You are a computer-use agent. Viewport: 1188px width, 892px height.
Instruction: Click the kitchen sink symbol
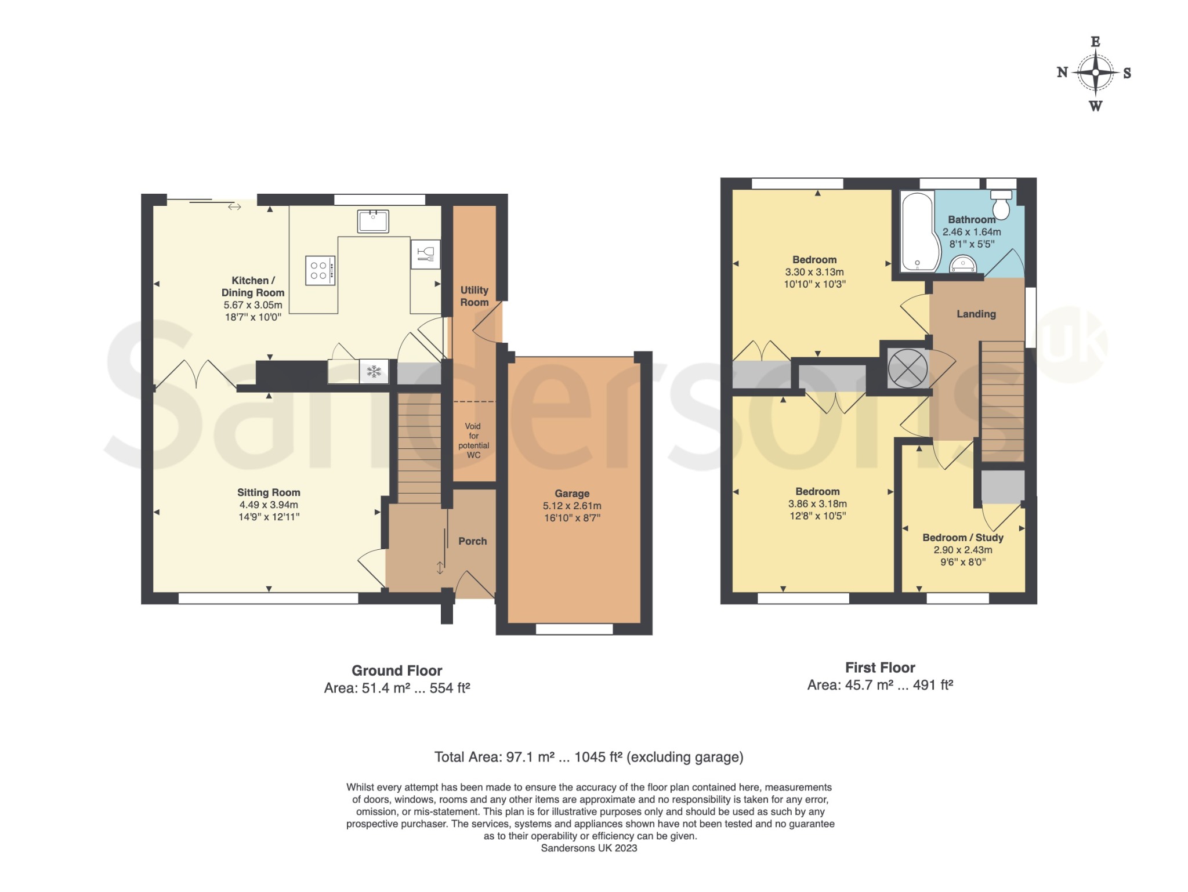(373, 221)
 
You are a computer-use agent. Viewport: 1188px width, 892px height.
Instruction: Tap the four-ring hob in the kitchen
(320, 270)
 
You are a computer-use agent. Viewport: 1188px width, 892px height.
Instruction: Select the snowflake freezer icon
(374, 371)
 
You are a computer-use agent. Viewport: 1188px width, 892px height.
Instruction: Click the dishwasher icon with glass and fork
(425, 254)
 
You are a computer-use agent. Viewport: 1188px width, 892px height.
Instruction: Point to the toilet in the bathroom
(1001, 204)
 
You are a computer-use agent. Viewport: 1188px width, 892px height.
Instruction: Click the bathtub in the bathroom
(918, 231)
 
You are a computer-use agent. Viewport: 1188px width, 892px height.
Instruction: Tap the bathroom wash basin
(963, 264)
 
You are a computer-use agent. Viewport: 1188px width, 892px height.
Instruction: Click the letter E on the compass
(1095, 42)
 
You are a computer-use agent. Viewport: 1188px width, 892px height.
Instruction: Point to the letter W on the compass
(1095, 106)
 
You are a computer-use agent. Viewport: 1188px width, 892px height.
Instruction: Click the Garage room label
(572, 494)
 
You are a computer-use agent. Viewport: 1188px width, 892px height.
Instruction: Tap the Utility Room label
(475, 296)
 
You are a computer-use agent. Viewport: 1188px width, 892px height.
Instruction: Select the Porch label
(473, 541)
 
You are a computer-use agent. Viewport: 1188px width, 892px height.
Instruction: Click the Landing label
(976, 314)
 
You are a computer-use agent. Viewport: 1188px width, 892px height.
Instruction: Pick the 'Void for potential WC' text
(474, 441)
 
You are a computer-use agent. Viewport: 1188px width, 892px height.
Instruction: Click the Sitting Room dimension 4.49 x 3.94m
(269, 505)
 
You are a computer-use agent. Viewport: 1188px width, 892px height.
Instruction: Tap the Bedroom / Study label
(963, 538)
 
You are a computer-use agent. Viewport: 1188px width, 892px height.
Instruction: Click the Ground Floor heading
(397, 671)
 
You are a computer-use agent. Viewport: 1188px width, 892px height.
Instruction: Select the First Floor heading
(880, 668)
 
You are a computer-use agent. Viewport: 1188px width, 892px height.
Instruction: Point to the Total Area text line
(589, 757)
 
